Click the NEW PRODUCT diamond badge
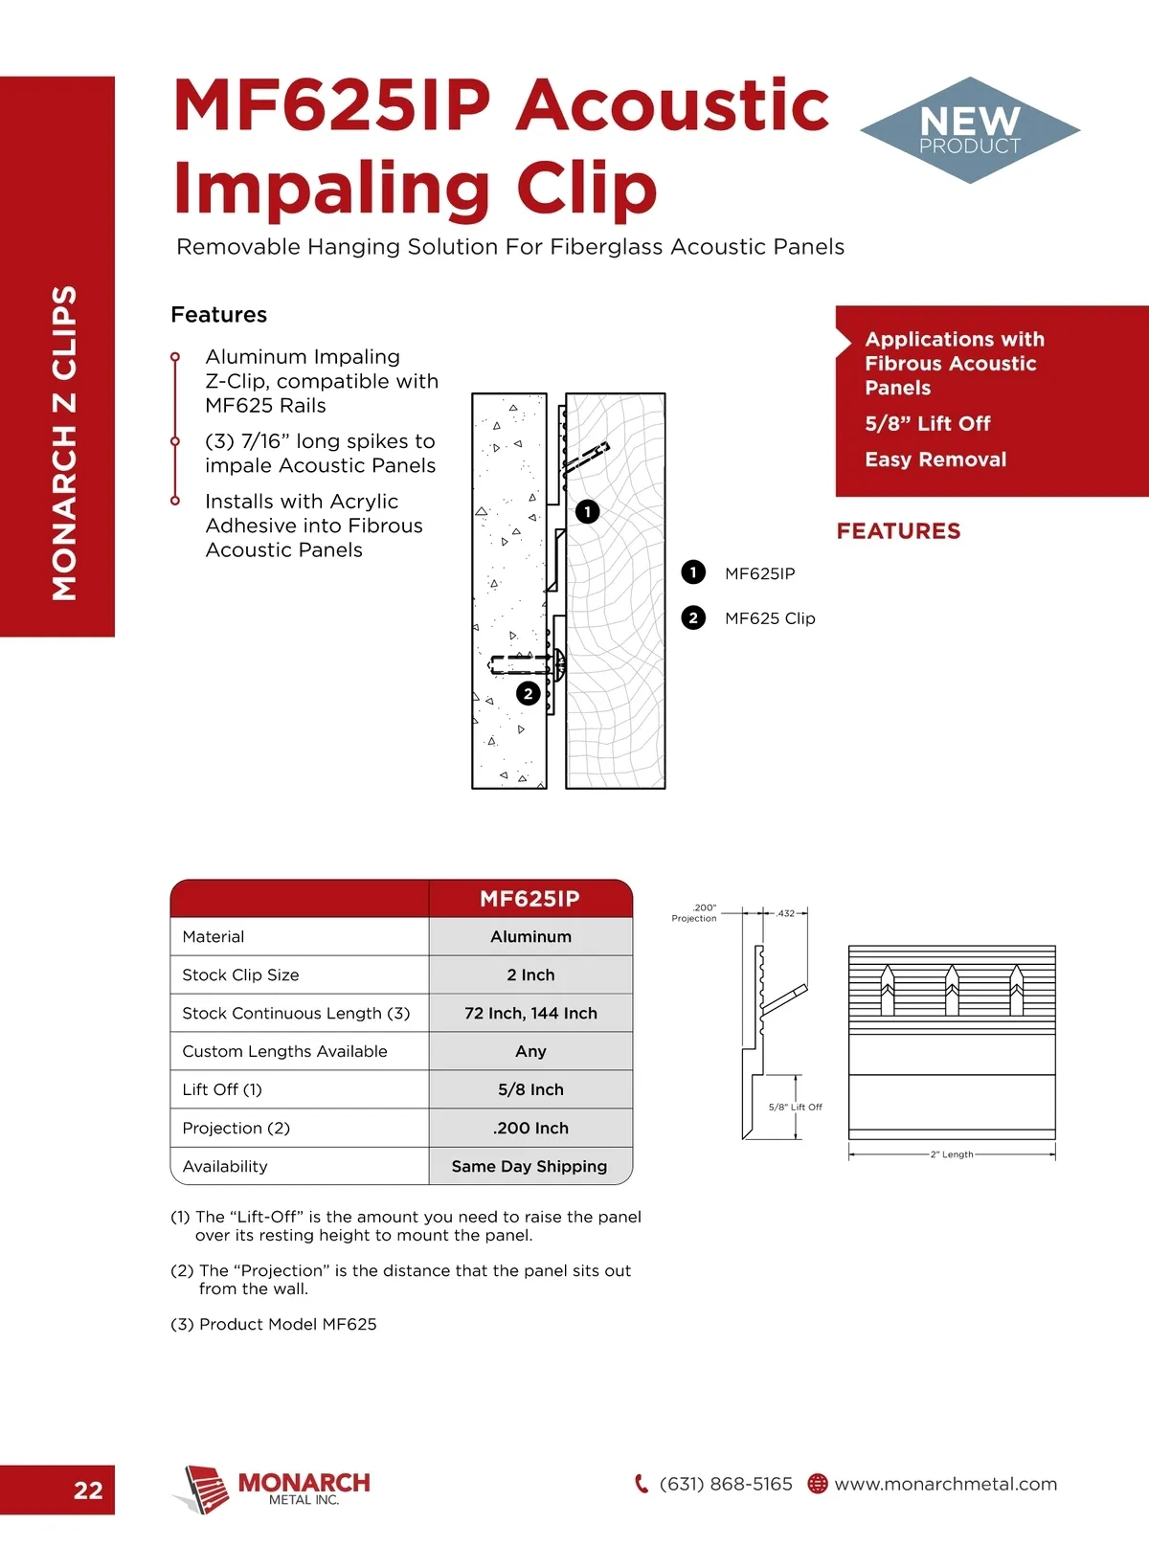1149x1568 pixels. coord(970,130)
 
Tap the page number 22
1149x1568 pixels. coord(88,1490)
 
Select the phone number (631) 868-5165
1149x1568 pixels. coord(726,1484)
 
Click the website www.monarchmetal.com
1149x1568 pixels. coord(945,1484)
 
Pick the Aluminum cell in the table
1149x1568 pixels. coord(530,936)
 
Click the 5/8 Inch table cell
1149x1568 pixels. coord(530,1089)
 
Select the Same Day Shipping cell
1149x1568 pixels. coord(529,1166)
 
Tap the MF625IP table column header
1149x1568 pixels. coord(529,898)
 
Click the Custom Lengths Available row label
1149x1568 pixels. coord(284,1051)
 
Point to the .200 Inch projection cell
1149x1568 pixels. coord(530,1128)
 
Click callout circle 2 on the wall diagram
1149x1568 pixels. coord(528,693)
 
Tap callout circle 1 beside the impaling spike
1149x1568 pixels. coord(587,511)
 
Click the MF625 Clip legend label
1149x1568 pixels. coord(770,618)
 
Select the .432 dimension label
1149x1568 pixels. coord(786,913)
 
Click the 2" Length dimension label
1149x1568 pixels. coord(952,1154)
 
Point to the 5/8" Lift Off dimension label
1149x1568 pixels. coord(795,1107)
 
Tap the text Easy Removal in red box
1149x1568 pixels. coord(935,459)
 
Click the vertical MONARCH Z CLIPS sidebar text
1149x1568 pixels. coord(64,442)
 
